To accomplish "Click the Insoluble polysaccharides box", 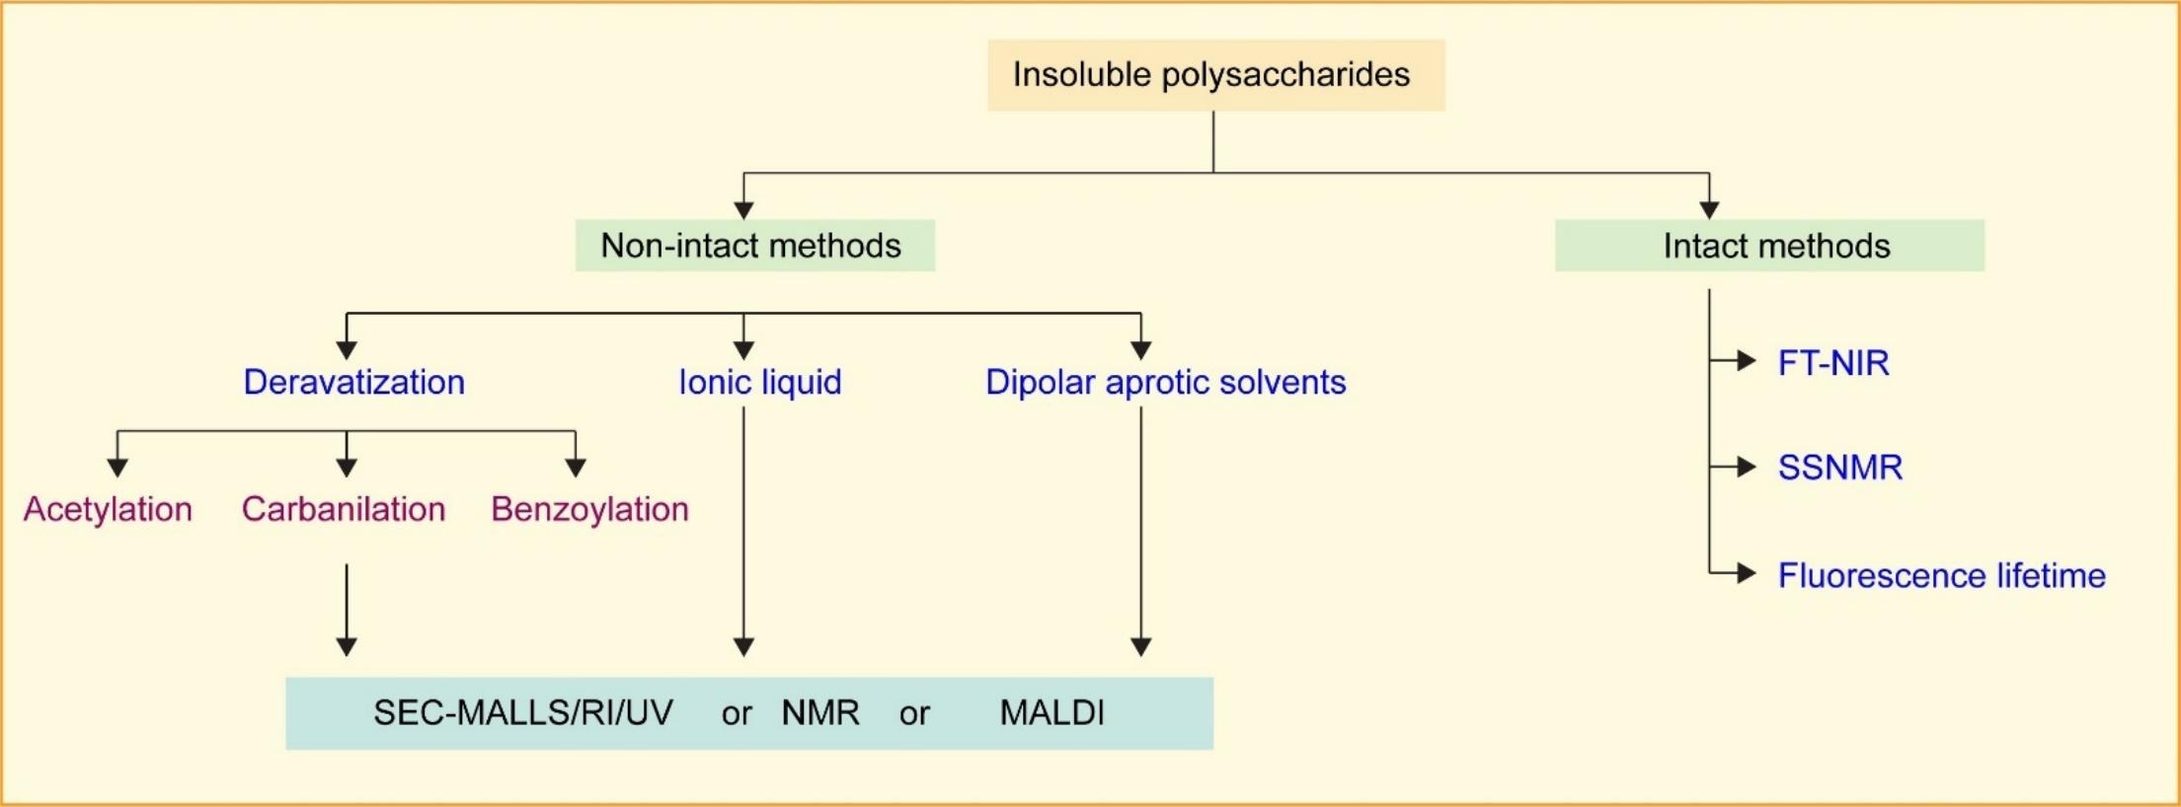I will pyautogui.click(x=1215, y=75).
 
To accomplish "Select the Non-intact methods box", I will pyautogui.click(x=754, y=246).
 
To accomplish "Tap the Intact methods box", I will pyautogui.click(x=1769, y=246).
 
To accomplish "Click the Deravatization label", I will pyautogui.click(x=353, y=382).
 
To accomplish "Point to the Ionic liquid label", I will pyautogui.click(x=759, y=382).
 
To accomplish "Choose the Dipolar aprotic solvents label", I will pyautogui.click(x=1165, y=382).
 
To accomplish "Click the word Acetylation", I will pyautogui.click(x=108, y=509).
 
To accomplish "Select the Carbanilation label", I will pyautogui.click(x=344, y=509).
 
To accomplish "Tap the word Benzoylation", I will pyautogui.click(x=589, y=509).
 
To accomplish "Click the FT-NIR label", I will pyautogui.click(x=1832, y=363).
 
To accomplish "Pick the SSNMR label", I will pyautogui.click(x=1839, y=467).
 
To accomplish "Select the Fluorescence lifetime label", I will pyautogui.click(x=1941, y=575).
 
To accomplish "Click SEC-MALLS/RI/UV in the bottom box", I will pyautogui.click(x=522, y=712).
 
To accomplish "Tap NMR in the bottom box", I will pyautogui.click(x=819, y=712).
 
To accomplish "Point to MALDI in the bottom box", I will pyautogui.click(x=1052, y=712).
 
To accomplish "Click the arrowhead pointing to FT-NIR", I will pyautogui.click(x=1746, y=361).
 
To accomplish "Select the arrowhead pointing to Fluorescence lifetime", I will pyautogui.click(x=1746, y=573).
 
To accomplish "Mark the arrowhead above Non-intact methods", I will pyautogui.click(x=743, y=210).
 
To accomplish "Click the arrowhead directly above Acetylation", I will pyautogui.click(x=117, y=468).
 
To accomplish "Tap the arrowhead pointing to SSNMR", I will pyautogui.click(x=1746, y=466).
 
